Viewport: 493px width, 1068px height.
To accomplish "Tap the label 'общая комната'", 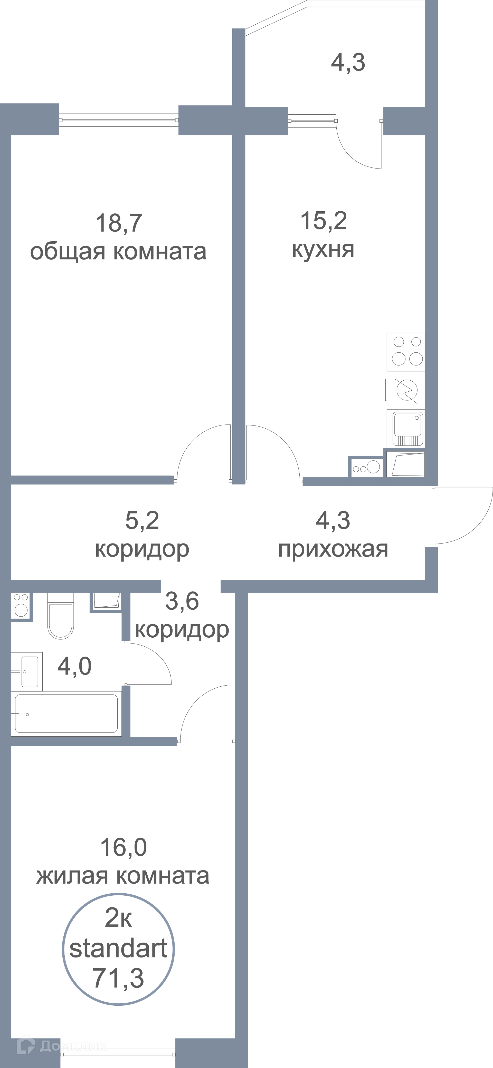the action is coord(118,252).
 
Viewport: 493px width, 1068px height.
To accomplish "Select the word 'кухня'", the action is coord(323,250).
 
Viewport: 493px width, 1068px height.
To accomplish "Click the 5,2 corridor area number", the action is coord(142,520).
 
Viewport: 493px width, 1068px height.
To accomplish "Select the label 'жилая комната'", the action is coord(122,876).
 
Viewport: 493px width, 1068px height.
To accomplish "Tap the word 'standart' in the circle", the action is coord(118,948).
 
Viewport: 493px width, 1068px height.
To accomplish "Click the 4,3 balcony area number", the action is coord(348,63).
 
